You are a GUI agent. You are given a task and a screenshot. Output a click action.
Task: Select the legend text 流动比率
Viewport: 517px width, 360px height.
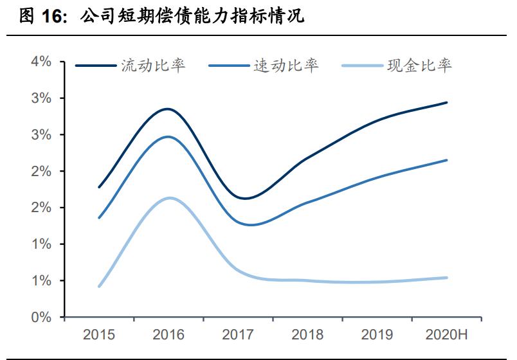coord(153,66)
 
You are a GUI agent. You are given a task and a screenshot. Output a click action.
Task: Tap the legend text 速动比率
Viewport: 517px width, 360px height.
coord(285,66)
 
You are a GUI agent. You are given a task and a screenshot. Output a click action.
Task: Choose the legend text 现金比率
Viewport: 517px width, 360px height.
coord(419,66)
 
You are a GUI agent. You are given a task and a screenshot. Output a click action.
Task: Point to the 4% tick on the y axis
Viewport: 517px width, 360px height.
coord(41,62)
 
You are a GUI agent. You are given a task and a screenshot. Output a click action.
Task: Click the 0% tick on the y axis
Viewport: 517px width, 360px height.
coord(41,317)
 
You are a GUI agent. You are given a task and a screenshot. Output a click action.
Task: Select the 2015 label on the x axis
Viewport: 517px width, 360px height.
coord(99,335)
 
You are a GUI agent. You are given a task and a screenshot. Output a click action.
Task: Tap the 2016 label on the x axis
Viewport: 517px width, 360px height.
coord(168,335)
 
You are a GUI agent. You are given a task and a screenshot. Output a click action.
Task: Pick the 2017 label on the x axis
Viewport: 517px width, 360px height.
coord(238,335)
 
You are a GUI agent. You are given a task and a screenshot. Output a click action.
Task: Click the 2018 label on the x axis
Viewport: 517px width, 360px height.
coord(307,335)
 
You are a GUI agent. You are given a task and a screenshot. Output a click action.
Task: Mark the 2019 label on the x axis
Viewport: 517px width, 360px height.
coord(377,335)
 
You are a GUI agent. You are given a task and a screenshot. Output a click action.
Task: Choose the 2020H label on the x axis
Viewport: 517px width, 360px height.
coord(446,335)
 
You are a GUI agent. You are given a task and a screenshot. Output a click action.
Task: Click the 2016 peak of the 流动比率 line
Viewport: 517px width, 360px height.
coord(167,109)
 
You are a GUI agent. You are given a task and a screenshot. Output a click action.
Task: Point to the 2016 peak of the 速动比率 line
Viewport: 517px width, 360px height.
coord(168,136)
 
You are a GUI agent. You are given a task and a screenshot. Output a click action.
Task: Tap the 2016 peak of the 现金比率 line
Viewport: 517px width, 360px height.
coord(168,197)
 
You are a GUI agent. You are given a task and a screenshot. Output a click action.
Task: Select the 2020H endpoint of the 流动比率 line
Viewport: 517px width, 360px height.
coord(447,102)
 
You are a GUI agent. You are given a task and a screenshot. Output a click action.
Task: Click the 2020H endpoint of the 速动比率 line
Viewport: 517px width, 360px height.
coord(447,160)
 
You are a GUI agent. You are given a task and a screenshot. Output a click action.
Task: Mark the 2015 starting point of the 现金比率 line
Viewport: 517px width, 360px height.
coord(99,286)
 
